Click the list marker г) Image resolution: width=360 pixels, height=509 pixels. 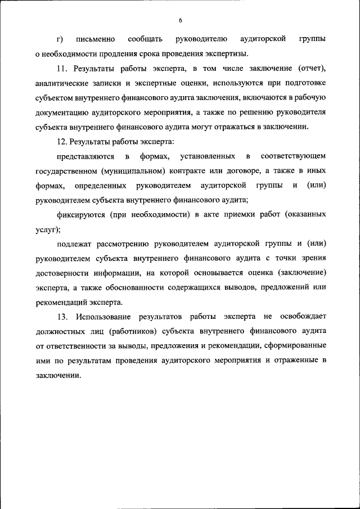coord(60,39)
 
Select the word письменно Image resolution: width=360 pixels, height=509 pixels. coord(97,39)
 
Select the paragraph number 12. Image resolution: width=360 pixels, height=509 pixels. coord(63,142)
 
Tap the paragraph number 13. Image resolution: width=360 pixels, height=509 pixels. coord(63,317)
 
